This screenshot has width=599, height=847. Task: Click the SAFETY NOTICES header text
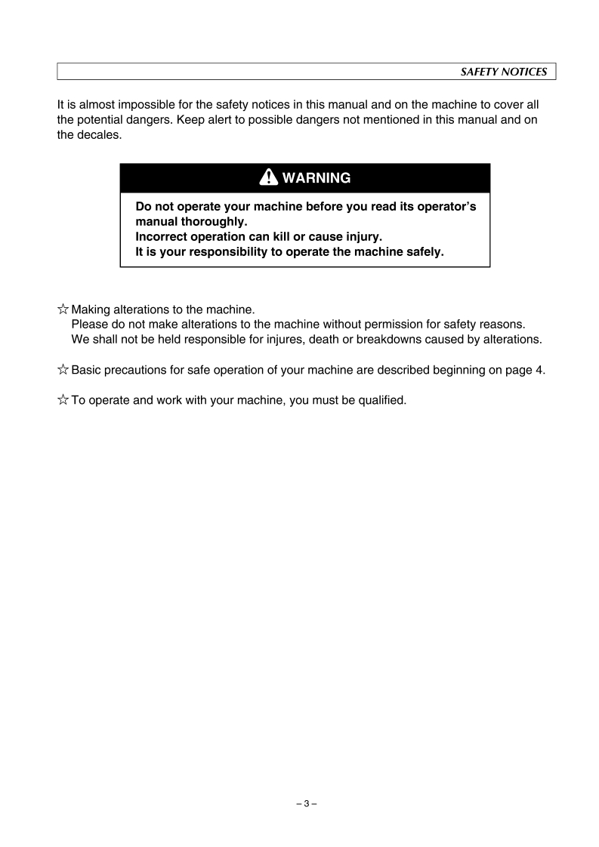pos(504,72)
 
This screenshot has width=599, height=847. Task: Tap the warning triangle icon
pos(268,177)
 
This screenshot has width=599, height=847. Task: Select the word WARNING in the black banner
pos(316,178)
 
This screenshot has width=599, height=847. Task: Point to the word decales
pos(100,136)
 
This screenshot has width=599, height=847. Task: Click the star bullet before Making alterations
pos(63,309)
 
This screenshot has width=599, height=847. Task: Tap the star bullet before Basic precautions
pos(63,370)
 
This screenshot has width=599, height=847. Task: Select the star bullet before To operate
pos(63,400)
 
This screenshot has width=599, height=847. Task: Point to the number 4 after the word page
pos(539,370)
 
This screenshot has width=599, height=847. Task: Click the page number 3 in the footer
pos(306,804)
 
